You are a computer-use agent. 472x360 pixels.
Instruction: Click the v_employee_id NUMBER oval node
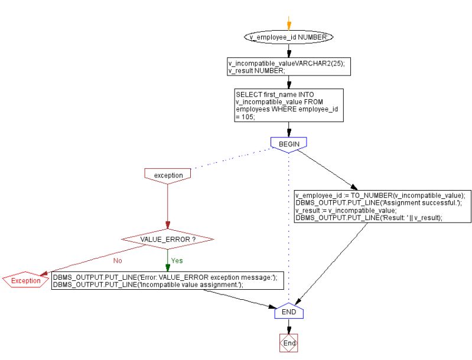(x=288, y=37)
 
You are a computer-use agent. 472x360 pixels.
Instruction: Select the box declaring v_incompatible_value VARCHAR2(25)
(x=288, y=66)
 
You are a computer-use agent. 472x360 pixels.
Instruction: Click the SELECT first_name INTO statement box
(x=288, y=105)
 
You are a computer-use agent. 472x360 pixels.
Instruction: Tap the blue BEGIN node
(x=288, y=143)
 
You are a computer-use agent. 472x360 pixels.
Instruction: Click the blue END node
(x=288, y=311)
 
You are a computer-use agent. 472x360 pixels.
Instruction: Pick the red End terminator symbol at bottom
(x=288, y=343)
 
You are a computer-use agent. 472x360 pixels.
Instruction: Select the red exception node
(x=168, y=175)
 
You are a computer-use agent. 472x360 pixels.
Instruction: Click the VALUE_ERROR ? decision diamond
(x=168, y=240)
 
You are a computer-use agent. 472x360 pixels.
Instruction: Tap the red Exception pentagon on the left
(x=25, y=280)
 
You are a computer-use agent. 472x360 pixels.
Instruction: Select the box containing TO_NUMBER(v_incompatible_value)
(x=382, y=207)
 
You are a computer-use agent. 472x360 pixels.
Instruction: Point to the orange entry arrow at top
(x=288, y=24)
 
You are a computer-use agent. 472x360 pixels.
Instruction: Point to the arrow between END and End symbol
(x=288, y=326)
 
